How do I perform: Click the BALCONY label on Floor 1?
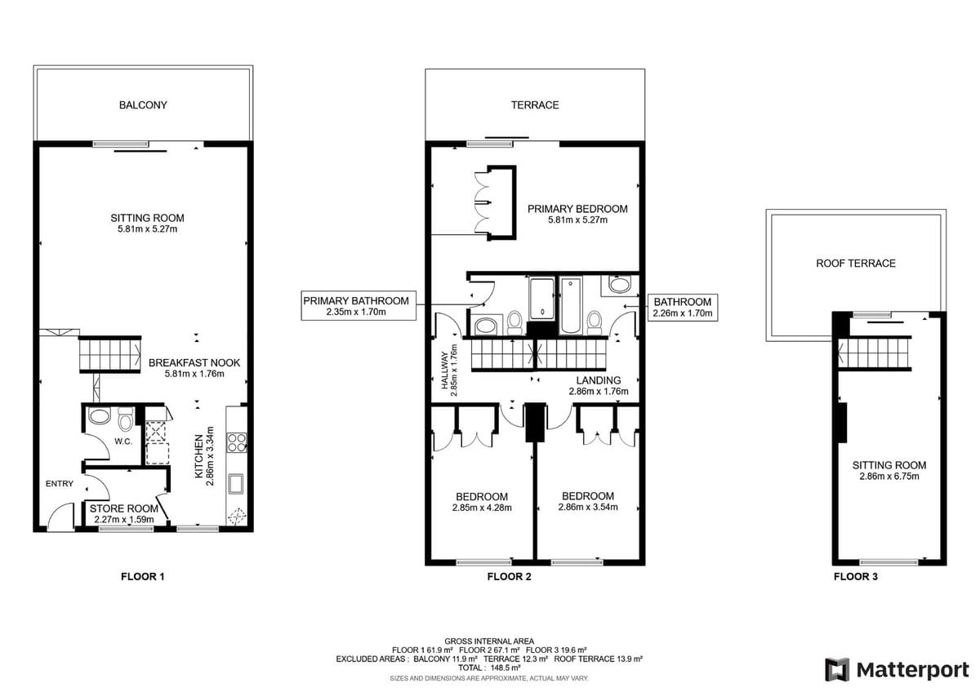point(143,105)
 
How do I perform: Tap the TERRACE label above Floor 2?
point(535,105)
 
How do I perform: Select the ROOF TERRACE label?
point(856,263)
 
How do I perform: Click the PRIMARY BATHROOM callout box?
point(359,305)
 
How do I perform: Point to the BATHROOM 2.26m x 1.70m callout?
point(683,308)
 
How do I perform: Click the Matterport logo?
point(897,669)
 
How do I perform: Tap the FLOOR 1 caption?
point(143,577)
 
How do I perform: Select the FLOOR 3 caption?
point(856,577)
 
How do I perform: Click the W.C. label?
point(123,441)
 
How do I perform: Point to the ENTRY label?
point(60,483)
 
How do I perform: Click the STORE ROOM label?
point(124,508)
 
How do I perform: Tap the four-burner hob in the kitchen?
point(237,442)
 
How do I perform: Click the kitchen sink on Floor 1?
point(236,484)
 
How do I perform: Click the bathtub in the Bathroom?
point(570,305)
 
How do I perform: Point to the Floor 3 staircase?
point(874,353)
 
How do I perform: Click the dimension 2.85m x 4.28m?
point(482,508)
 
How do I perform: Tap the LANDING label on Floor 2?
point(598,380)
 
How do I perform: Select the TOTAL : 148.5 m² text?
point(489,668)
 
